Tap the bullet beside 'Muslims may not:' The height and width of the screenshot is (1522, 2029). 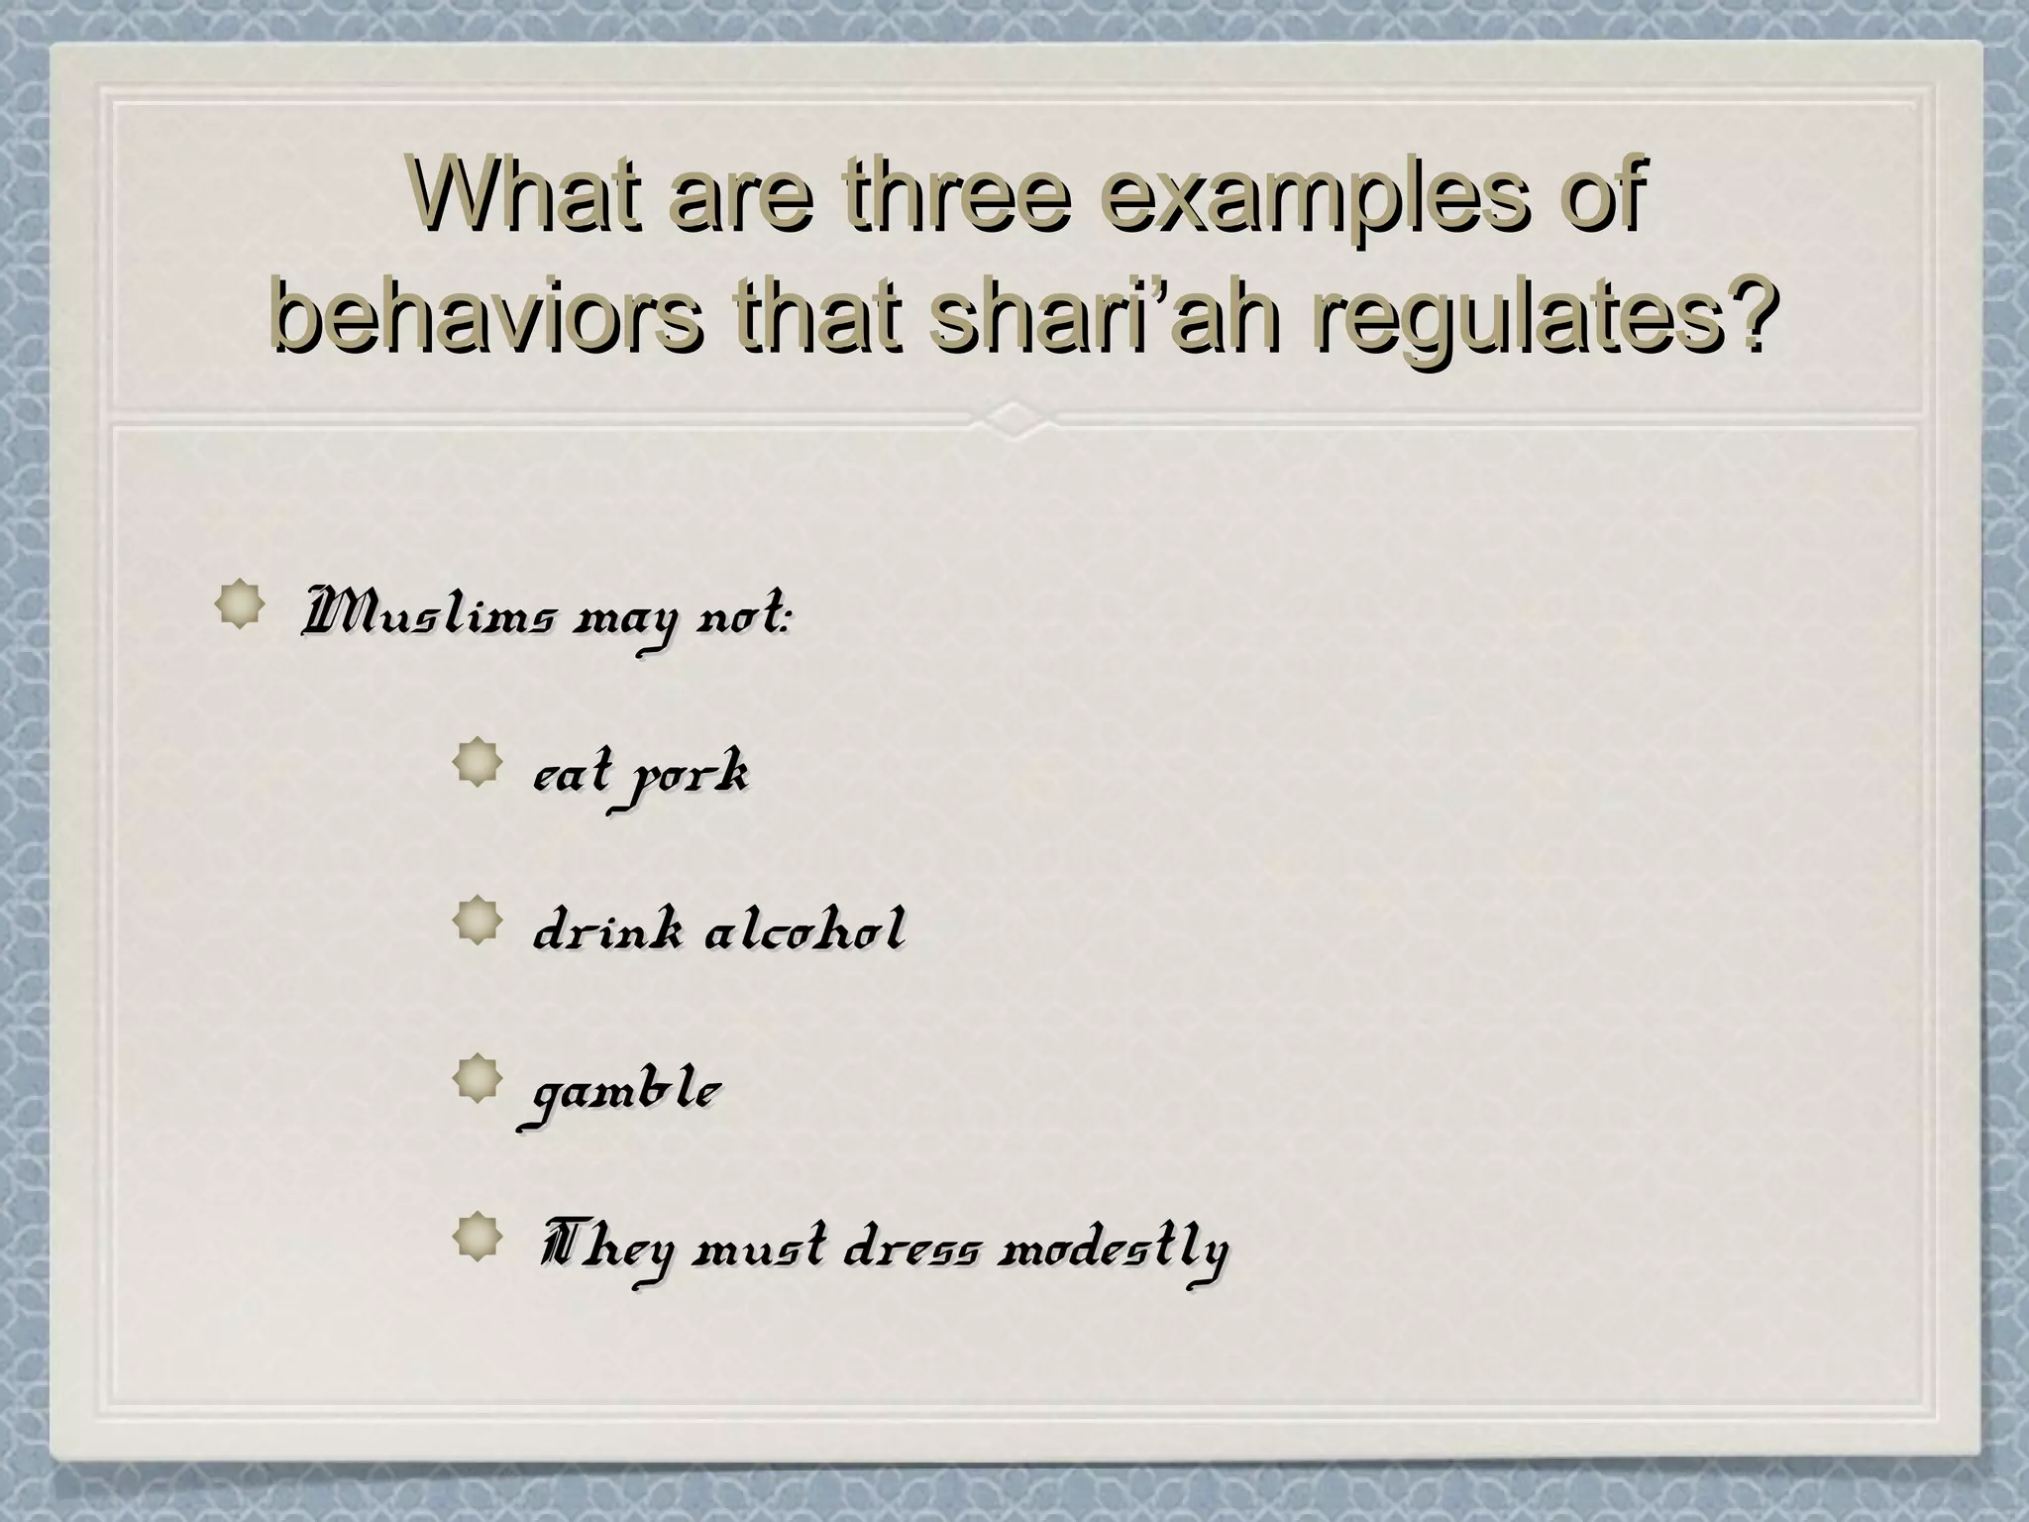click(240, 604)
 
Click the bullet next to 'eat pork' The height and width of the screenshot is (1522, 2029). click(477, 764)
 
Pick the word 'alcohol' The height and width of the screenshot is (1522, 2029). click(803, 931)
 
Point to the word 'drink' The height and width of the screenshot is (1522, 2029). click(607, 931)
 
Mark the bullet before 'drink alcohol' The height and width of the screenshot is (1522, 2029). click(477, 921)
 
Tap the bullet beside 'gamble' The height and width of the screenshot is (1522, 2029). click(477, 1079)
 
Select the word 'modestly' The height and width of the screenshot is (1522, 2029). click(1112, 1251)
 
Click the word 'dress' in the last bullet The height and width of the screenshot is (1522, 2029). click(910, 1251)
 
